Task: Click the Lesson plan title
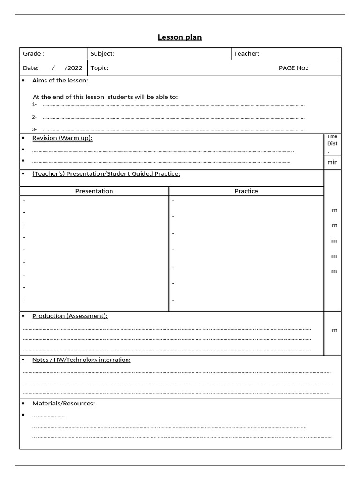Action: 180,37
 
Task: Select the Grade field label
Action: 34,54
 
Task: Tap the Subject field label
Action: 102,54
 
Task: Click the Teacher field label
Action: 247,54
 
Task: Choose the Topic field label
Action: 99,68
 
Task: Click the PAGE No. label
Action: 293,68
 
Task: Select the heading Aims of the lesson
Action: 60,81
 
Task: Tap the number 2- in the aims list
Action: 34,117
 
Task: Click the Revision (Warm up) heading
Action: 62,138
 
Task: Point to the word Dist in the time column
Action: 332,143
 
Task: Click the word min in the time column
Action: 332,162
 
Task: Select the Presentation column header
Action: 94,191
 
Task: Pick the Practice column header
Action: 246,191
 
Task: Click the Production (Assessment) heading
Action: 70,316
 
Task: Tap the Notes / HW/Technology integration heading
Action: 81,360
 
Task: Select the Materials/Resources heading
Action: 63,403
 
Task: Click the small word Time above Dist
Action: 332,136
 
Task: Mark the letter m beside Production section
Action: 335,330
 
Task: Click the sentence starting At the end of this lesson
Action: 105,97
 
